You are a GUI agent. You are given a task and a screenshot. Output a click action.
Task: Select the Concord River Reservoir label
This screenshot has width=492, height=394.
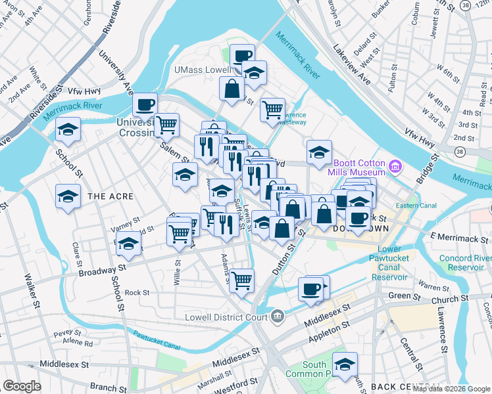(x=466, y=263)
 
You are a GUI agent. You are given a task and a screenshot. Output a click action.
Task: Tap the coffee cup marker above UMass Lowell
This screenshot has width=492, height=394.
(x=242, y=56)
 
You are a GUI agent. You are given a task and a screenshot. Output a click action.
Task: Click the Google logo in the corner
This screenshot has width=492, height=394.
(x=22, y=386)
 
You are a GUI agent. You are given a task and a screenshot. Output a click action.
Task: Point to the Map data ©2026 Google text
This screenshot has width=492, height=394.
(x=451, y=388)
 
